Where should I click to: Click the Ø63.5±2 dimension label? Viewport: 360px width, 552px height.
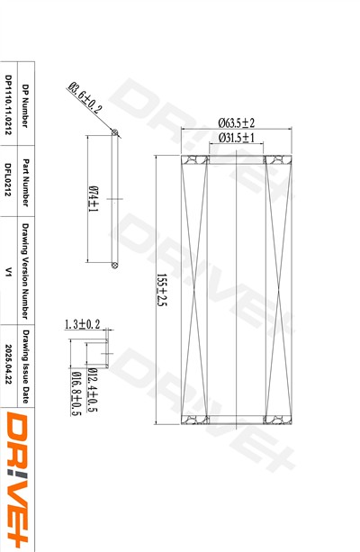coord(236,122)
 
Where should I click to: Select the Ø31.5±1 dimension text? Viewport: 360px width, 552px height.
coord(236,137)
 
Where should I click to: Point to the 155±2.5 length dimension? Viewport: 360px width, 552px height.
coord(161,290)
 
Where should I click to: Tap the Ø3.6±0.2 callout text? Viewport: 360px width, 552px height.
coord(85,97)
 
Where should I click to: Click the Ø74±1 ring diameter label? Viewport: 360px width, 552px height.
coord(94,199)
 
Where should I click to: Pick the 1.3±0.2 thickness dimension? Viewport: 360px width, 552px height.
coord(82,324)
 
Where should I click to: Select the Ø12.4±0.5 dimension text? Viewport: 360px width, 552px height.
coord(92,390)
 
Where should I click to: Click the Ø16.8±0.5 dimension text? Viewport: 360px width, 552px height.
coord(76,394)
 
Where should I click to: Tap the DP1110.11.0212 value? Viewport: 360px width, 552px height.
coord(8,104)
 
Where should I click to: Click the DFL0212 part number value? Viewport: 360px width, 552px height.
coord(8,179)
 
